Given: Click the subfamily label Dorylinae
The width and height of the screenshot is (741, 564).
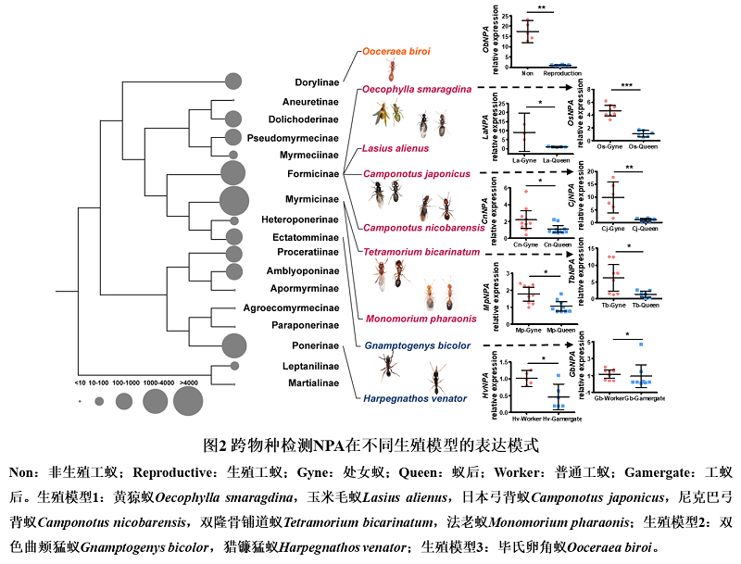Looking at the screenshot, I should (x=317, y=82).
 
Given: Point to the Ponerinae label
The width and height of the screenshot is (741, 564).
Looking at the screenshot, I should (x=315, y=345).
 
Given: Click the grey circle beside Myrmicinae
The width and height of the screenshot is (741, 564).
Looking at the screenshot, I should (x=233, y=199).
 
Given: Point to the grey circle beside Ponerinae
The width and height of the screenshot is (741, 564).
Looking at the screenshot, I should (x=234, y=345).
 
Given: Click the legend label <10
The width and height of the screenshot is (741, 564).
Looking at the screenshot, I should (x=82, y=382).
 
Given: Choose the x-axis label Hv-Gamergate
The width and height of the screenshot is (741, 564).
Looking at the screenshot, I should (x=559, y=419).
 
